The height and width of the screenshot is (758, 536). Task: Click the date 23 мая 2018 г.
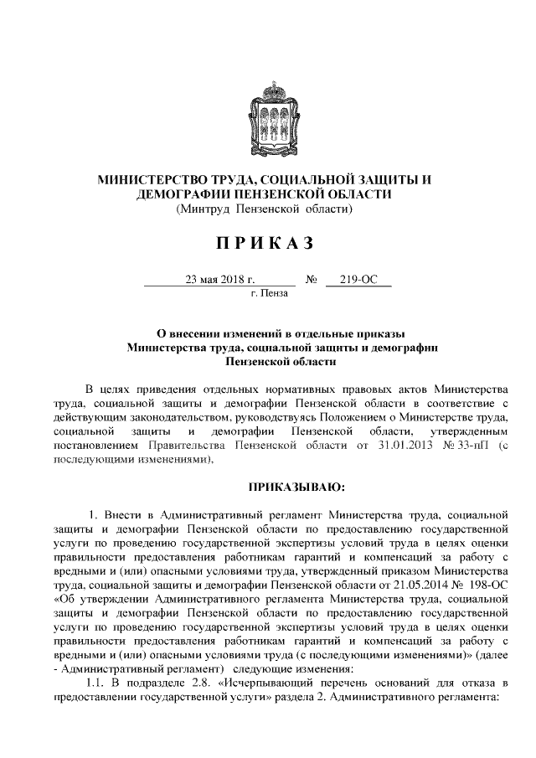pos(219,279)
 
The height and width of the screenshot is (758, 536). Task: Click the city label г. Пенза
pos(269,293)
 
